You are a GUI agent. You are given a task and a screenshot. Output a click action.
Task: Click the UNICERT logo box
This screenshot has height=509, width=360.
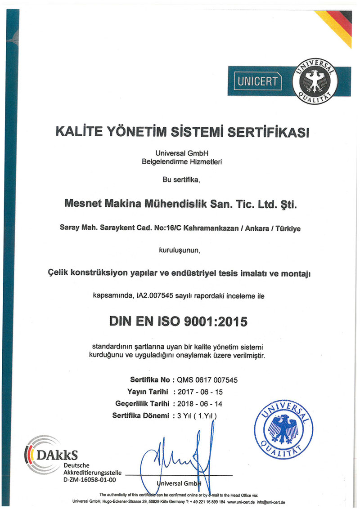tap(258, 81)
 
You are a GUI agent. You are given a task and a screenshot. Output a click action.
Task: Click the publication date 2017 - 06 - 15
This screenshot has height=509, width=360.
tap(200, 392)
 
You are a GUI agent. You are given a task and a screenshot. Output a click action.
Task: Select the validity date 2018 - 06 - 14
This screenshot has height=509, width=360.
tap(200, 403)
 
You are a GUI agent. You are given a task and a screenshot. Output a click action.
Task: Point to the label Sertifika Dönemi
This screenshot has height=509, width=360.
tap(140, 415)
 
